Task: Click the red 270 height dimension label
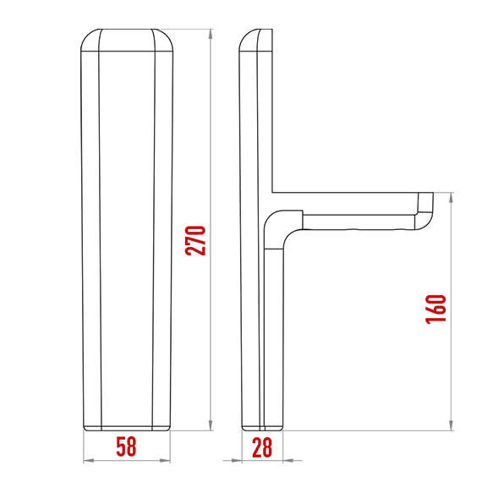coord(195,241)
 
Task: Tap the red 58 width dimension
coord(125,447)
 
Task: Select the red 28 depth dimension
coord(263,447)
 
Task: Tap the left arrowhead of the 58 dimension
coord(86,461)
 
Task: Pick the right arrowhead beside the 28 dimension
coord(285,461)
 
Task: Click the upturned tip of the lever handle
coord(425,204)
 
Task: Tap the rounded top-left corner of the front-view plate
coord(88,39)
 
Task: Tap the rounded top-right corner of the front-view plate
coord(167,39)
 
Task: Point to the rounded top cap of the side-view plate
coord(255,39)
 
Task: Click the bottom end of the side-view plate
coord(261,425)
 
